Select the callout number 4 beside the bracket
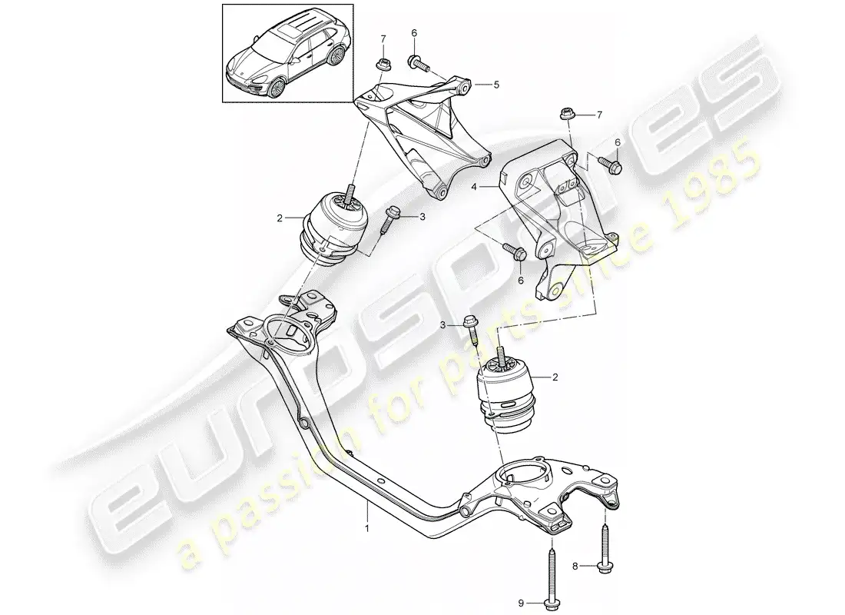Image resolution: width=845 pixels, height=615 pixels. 474,188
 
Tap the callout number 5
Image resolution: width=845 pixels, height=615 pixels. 496,84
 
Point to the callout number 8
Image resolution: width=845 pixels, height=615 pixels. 575,566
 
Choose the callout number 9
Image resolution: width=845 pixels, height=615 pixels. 521,603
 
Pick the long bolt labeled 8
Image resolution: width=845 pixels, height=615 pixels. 605,546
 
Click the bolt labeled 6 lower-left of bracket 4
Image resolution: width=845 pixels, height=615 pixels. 515,251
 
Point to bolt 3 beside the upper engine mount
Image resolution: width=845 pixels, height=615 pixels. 389,221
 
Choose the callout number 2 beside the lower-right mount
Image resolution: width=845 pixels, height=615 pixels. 555,377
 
